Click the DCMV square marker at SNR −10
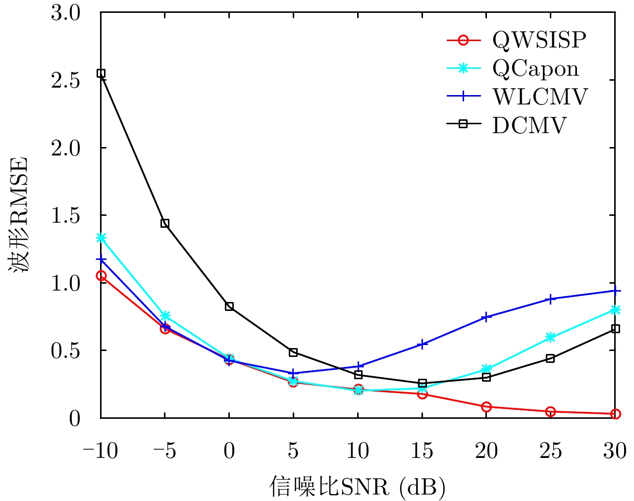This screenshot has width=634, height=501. (101, 73)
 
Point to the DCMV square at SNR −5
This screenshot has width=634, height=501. (165, 223)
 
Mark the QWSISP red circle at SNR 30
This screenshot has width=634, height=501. (615, 414)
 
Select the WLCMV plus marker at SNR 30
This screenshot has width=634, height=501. (615, 291)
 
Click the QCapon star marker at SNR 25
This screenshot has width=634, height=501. (550, 337)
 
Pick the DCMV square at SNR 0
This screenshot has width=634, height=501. (229, 306)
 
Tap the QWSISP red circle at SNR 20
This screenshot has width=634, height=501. (486, 407)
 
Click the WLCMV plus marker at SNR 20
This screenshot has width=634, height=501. (486, 317)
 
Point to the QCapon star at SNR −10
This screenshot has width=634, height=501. (101, 238)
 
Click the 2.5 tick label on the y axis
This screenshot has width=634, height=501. (65, 80)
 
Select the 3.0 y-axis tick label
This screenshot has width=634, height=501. (65, 13)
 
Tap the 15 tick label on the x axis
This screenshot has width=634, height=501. (422, 451)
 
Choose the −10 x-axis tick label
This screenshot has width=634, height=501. (100, 451)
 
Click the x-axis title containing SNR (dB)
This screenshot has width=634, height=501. (358, 487)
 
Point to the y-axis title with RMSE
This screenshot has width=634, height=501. (19, 215)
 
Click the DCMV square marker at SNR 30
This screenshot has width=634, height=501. (615, 329)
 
